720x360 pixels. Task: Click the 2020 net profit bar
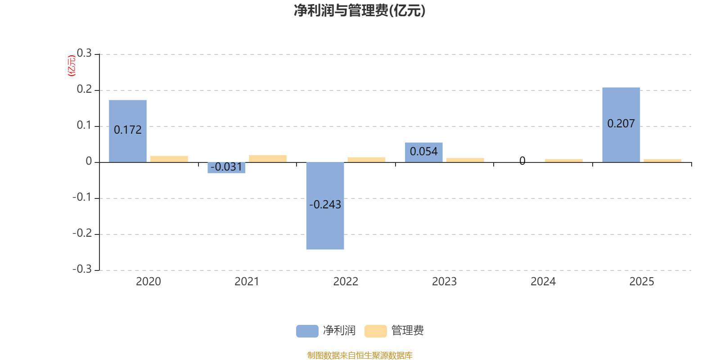point(128,112)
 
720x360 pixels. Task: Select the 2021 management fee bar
point(268,158)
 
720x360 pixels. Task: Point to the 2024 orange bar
point(564,160)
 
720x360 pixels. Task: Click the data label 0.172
point(128,130)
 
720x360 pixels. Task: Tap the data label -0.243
point(325,205)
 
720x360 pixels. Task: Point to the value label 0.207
point(621,124)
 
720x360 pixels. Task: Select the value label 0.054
point(424,152)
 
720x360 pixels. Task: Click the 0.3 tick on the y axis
point(84,54)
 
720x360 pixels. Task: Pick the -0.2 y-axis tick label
point(82,234)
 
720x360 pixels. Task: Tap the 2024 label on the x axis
point(543,282)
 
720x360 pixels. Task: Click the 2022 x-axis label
point(346,282)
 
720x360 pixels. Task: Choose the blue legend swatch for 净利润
point(307,331)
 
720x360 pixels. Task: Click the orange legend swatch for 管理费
point(375,331)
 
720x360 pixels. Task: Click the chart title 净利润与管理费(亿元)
point(360,11)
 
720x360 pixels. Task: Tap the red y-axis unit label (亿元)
point(71,66)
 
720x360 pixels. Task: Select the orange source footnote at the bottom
point(360,355)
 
